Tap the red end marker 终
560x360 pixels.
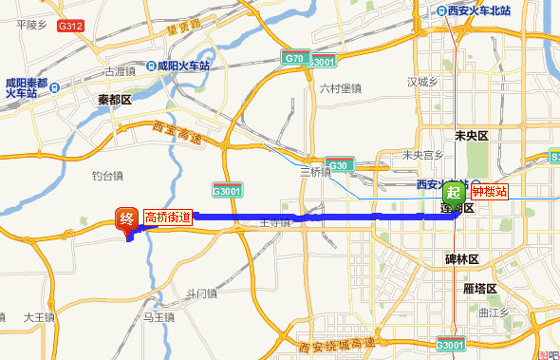coord(126,219)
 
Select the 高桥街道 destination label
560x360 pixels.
coord(168,218)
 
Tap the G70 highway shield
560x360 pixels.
coord(293,59)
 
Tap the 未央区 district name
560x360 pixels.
coord(471,136)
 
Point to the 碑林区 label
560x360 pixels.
coord(464,259)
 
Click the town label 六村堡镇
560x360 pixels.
coord(340,89)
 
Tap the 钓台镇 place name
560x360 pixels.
coord(107,176)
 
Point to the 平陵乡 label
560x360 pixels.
coord(31,25)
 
